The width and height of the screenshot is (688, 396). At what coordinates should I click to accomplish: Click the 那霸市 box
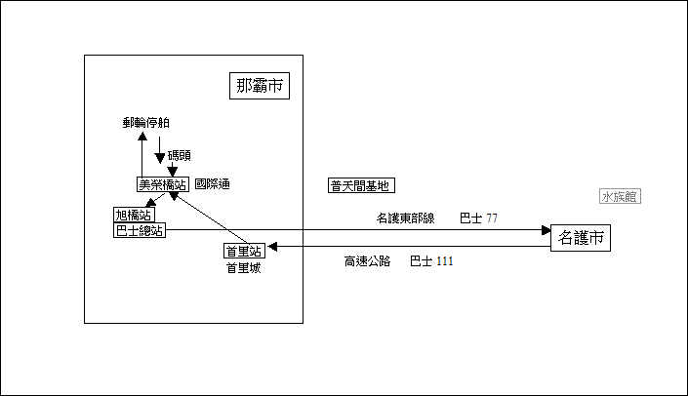coord(261,86)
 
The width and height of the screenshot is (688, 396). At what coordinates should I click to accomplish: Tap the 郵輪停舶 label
coord(146,123)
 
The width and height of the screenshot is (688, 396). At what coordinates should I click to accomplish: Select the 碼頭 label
coord(180,154)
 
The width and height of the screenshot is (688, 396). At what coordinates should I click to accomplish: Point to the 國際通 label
coord(212,183)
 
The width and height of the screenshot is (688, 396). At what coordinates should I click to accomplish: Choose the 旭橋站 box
coord(134,215)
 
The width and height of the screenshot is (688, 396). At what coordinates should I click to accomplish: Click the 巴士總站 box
coord(139,230)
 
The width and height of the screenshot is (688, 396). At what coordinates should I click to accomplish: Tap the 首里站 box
coord(243,251)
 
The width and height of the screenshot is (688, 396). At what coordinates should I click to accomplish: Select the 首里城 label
coord(243,268)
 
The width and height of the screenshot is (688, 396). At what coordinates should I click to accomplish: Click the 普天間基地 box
coord(360,185)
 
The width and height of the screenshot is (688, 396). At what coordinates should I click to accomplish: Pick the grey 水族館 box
coord(620,196)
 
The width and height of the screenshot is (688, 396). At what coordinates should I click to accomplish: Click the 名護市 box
coord(581,238)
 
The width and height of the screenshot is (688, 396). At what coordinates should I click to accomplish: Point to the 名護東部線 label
coord(405,218)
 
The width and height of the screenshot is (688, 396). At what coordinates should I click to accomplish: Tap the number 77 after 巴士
coord(491,218)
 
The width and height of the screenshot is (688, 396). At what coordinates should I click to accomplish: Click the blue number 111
coord(444,261)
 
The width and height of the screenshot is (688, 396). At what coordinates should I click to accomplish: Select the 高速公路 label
coord(367,261)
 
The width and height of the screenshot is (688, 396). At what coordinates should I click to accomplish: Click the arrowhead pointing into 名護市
coord(546,231)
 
